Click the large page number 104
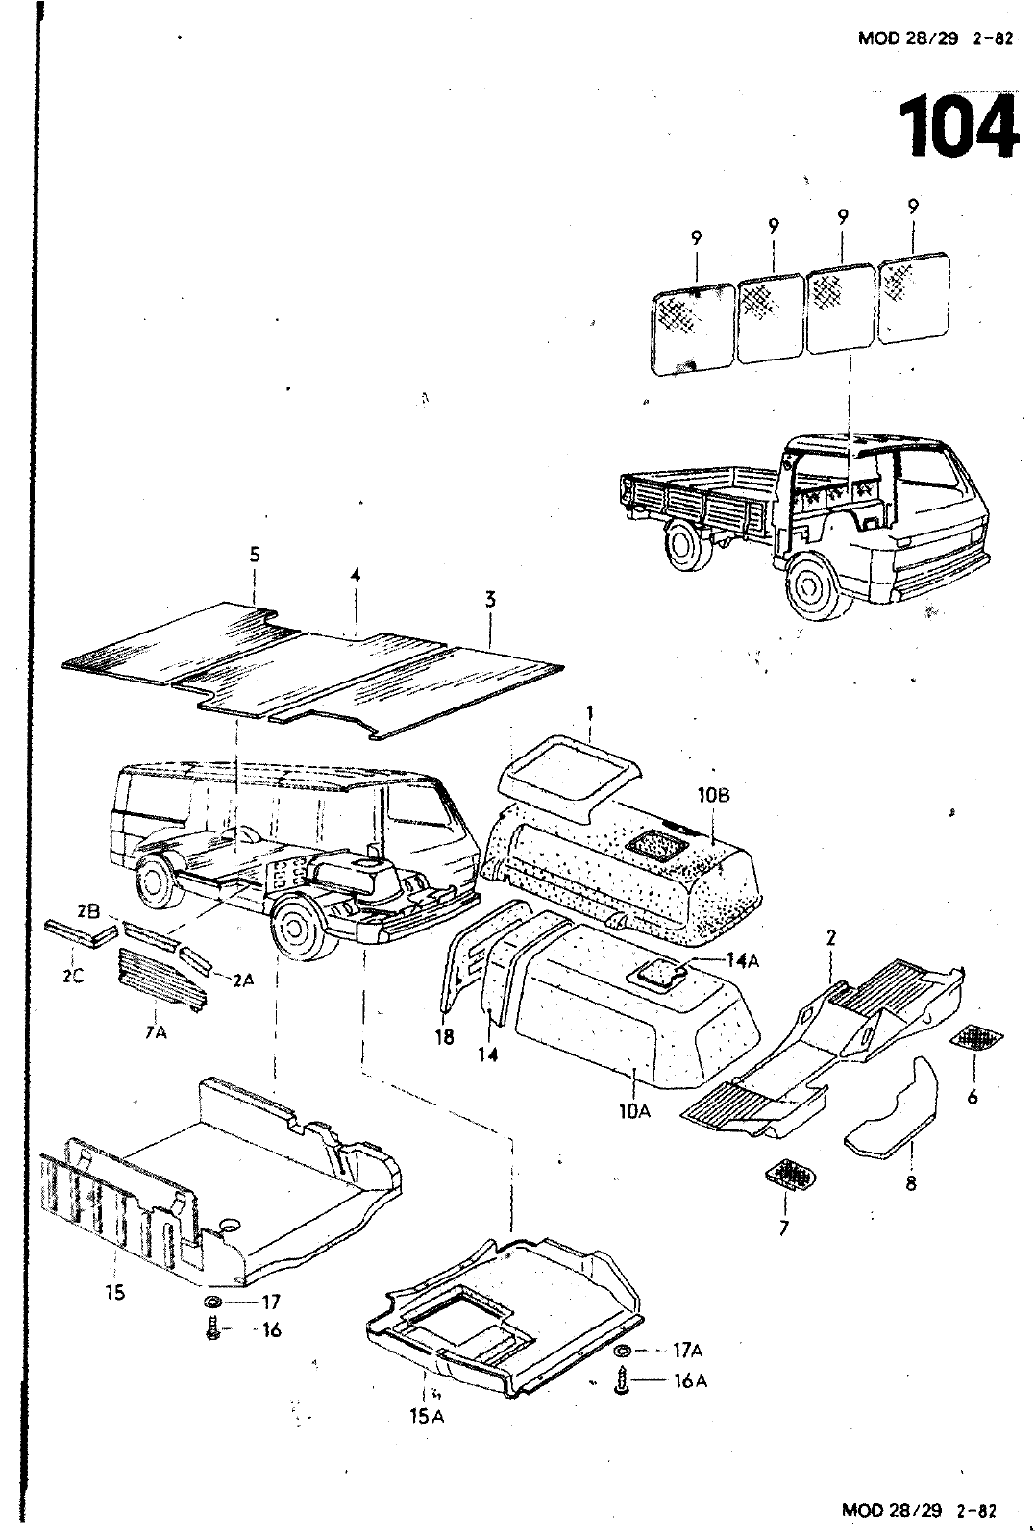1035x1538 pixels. coord(958,127)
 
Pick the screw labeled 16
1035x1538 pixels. coord(213,1330)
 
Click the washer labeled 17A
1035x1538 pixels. coord(623,1351)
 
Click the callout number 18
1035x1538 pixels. coord(444,1039)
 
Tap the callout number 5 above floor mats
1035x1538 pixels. coord(255,555)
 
